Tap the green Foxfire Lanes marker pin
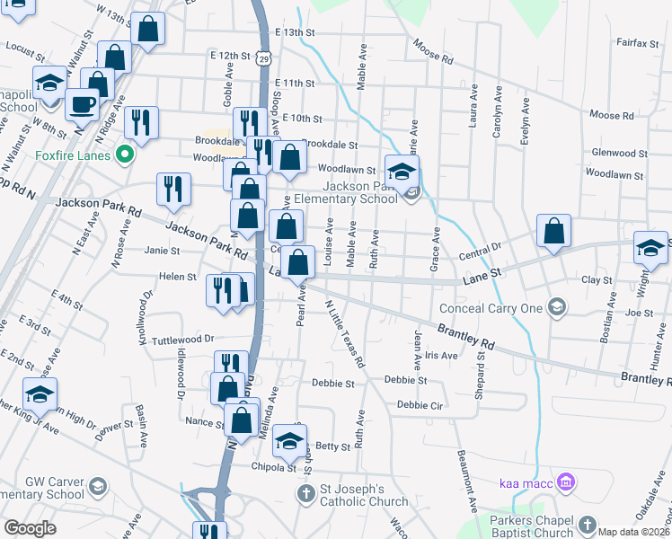click(x=126, y=155)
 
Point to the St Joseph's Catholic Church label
click(x=364, y=494)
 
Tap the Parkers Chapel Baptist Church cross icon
click(x=587, y=525)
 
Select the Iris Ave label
click(x=442, y=356)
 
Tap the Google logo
click(x=30, y=528)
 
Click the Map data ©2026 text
click(x=633, y=532)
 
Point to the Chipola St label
click(x=273, y=467)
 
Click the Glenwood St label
click(x=615, y=154)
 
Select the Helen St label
click(x=178, y=277)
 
